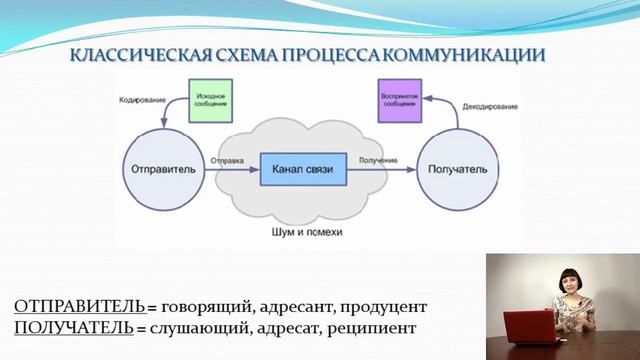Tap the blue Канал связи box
point(303,169)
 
